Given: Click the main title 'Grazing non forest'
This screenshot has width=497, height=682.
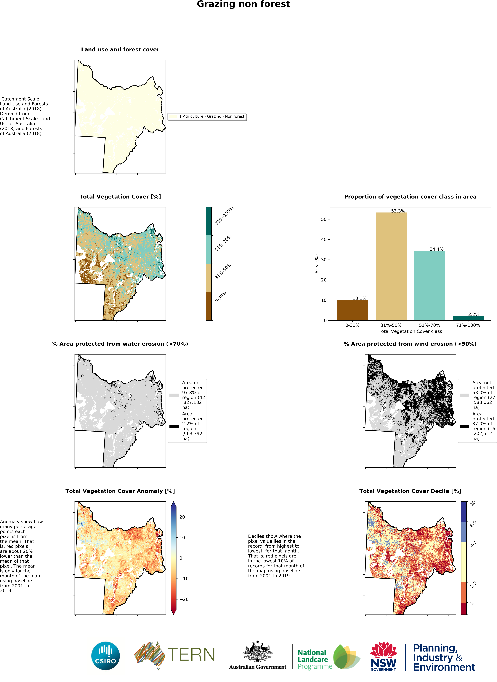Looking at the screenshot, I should tap(243, 4).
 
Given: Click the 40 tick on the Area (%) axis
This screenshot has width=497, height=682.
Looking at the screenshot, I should tap(324, 240).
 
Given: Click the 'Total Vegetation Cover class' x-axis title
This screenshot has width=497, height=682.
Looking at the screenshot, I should tap(410, 331).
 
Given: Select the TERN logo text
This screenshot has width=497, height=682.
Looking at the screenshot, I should tap(191, 655).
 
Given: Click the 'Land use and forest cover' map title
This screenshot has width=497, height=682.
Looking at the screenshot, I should tap(120, 49).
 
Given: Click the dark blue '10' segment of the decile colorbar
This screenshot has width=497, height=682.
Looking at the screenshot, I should tap(464, 511).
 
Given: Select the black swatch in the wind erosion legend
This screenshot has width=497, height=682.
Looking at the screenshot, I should tap(464, 426).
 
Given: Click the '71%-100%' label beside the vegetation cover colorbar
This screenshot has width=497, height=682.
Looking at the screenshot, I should tap(224, 216).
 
